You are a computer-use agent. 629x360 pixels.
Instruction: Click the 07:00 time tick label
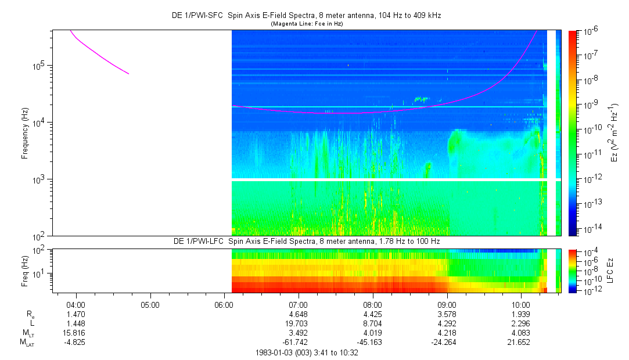pos(298,305)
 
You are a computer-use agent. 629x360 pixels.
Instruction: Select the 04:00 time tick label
pos(76,305)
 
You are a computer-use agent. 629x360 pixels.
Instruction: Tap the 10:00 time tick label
pos(521,305)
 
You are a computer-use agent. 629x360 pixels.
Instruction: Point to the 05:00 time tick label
pos(150,305)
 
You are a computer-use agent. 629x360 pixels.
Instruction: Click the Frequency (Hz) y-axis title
pos(25,133)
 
